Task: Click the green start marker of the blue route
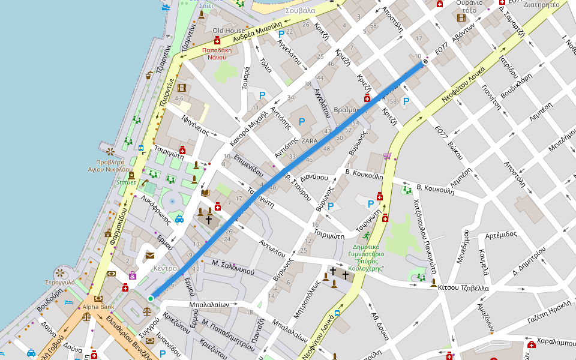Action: click(151, 298)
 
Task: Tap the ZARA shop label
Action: click(310, 140)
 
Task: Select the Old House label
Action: click(229, 30)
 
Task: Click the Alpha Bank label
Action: click(98, 307)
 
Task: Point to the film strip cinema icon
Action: click(182, 88)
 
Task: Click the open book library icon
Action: click(205, 193)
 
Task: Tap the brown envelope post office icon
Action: click(149, 256)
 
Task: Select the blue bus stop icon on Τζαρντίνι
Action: click(141, 148)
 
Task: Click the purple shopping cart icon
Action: click(387, 157)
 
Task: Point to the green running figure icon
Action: click(366, 235)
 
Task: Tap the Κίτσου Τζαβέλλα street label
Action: click(463, 288)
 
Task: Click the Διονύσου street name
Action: click(314, 177)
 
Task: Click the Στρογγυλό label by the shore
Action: click(59, 281)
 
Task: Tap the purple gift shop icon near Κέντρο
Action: click(132, 275)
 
